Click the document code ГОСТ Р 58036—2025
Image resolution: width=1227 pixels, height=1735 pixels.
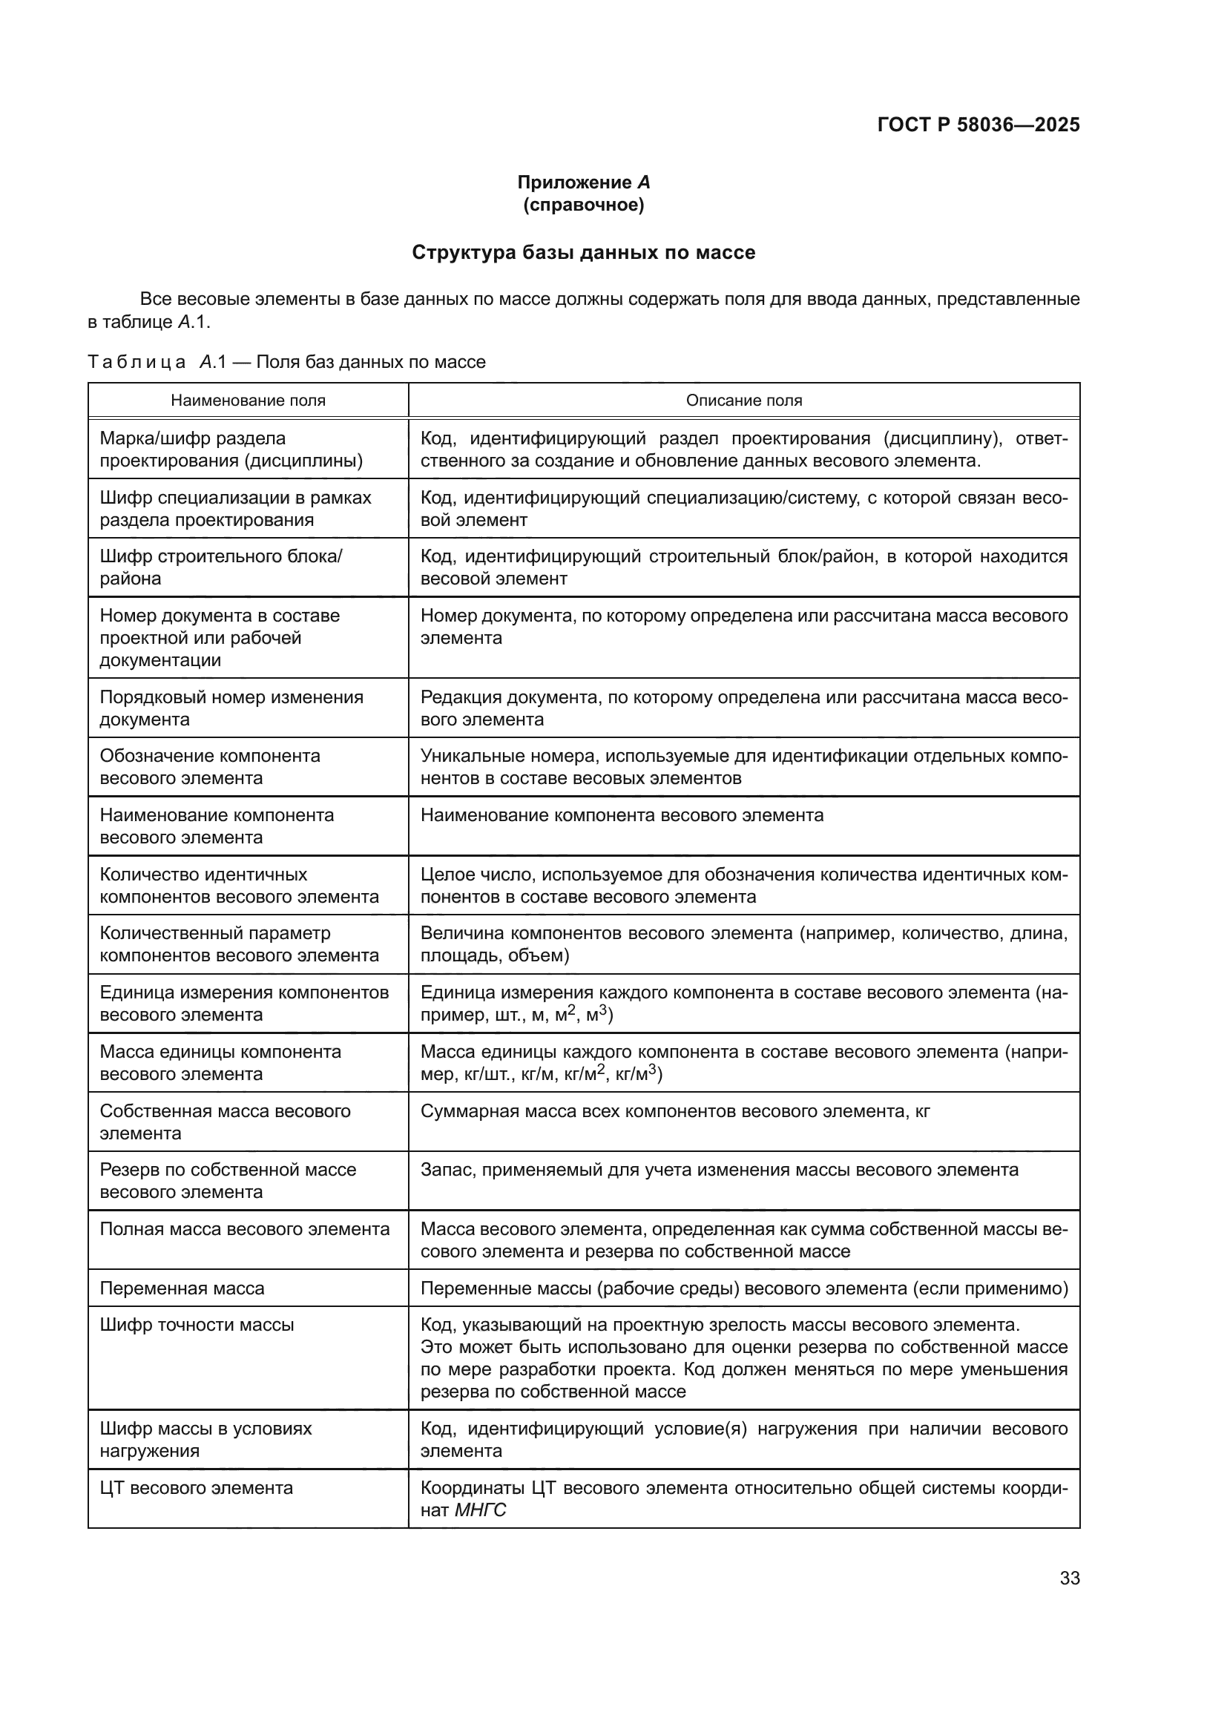978,125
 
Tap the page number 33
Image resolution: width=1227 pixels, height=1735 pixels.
1069,1578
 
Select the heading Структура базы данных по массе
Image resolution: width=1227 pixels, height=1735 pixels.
583,252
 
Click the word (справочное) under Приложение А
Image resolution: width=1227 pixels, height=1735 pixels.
583,205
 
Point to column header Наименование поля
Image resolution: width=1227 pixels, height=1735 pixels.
248,401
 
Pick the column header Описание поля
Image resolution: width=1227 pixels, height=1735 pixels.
743,401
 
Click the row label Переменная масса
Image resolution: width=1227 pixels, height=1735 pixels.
182,1288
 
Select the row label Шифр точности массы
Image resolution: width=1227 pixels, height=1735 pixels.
197,1325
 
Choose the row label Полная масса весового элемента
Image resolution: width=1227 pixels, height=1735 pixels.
244,1229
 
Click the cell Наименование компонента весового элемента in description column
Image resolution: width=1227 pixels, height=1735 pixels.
621,815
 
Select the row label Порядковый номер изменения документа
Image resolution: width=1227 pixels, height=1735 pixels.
231,708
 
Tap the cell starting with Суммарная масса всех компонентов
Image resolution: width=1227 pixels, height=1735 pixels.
674,1112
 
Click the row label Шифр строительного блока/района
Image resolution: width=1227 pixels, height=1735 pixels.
220,567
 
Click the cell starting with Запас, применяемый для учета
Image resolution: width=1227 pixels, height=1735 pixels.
719,1171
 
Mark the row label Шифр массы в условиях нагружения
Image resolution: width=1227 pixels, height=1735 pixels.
205,1440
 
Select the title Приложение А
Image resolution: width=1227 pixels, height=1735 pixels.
583,182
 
